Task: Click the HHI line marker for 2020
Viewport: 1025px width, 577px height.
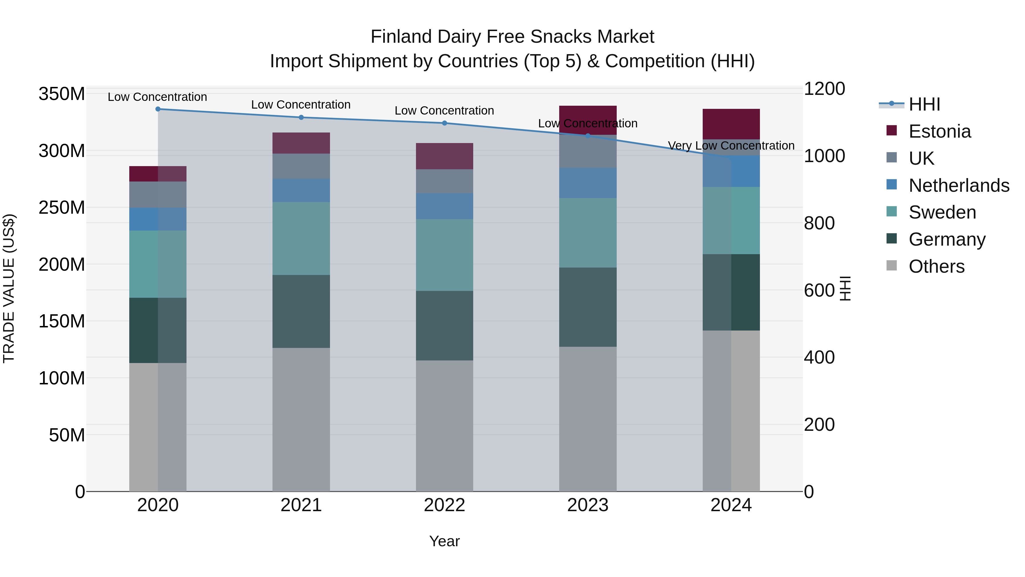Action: [158, 109]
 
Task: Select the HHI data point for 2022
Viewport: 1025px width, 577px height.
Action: [444, 123]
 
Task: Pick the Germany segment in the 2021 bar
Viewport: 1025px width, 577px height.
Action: [301, 311]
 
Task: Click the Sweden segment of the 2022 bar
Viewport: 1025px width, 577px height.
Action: [444, 255]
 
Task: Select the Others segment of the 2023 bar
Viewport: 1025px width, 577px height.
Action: [588, 419]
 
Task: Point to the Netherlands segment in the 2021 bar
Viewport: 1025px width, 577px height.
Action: [301, 190]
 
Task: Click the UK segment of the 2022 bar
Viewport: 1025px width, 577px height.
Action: [444, 182]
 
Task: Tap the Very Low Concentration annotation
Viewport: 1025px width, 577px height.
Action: [731, 146]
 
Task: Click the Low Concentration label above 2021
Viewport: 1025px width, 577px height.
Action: [301, 105]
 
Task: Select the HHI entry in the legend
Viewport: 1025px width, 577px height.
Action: [924, 104]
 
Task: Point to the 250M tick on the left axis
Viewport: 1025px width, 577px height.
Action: [62, 207]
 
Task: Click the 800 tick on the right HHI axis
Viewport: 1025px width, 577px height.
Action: [819, 223]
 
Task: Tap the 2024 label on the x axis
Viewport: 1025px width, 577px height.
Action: [731, 505]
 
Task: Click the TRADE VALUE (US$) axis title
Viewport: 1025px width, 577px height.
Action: [9, 288]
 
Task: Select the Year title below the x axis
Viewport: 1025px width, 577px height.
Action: [444, 541]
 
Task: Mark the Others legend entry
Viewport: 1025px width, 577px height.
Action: [936, 266]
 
